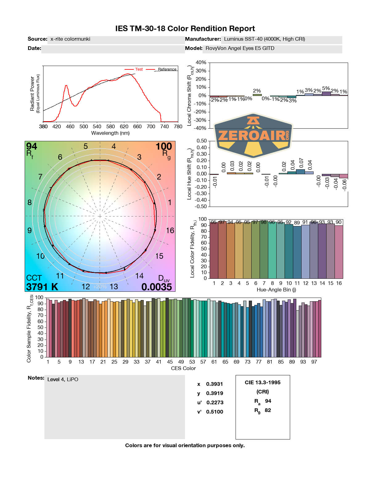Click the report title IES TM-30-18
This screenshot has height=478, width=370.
point(185,29)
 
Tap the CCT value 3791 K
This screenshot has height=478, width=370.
point(42,287)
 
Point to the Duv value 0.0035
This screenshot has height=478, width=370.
point(157,287)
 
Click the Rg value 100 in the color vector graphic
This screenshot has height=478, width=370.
point(163,146)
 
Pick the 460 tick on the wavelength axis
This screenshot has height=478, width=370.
point(70,126)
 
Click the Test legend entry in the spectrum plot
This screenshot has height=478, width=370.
point(139,69)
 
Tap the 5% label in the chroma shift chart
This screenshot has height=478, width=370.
point(326,89)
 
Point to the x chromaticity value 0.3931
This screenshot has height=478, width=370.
point(214,384)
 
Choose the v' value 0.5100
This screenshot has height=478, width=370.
point(214,412)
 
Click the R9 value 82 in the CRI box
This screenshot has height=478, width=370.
point(268,410)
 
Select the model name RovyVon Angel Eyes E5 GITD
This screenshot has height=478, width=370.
point(240,48)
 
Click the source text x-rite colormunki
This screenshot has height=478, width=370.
point(70,39)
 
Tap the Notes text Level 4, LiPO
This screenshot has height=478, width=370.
point(63,379)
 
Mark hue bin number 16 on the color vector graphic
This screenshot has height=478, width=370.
point(170,230)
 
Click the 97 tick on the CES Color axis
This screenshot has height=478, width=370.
point(314,362)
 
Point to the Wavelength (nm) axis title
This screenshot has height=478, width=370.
point(110,133)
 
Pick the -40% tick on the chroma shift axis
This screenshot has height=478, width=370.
point(201,128)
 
